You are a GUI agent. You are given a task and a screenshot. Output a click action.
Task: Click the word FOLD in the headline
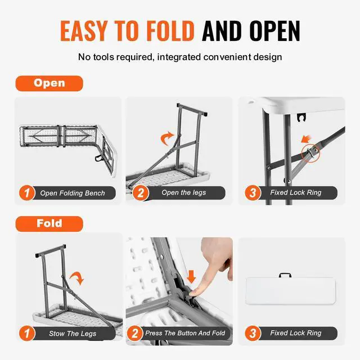(x=170, y=31)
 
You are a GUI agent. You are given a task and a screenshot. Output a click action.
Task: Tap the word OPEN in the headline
(x=275, y=31)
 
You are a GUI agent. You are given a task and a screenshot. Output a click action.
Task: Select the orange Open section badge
(x=49, y=83)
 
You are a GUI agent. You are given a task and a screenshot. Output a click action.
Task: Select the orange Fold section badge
(x=49, y=224)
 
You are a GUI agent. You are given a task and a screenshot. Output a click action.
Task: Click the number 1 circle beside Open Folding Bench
(x=27, y=193)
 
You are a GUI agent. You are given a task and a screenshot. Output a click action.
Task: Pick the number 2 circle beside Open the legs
(x=141, y=193)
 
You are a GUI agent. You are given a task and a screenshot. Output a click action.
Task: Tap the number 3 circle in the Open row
(x=253, y=193)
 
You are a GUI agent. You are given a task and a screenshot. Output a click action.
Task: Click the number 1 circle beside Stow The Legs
(x=27, y=334)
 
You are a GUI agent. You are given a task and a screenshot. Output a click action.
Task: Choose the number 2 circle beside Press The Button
(x=134, y=334)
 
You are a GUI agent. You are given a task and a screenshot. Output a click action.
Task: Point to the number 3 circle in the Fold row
(x=253, y=334)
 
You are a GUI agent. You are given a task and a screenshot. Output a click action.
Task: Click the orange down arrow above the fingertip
(x=191, y=277)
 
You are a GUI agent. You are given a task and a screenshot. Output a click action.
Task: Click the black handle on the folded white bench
(x=285, y=275)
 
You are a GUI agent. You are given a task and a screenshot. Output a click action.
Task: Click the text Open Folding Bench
(x=73, y=193)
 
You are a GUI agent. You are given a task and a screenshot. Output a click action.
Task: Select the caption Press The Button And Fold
(x=185, y=333)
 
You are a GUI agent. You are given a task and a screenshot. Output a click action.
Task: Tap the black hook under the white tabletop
(x=301, y=118)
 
